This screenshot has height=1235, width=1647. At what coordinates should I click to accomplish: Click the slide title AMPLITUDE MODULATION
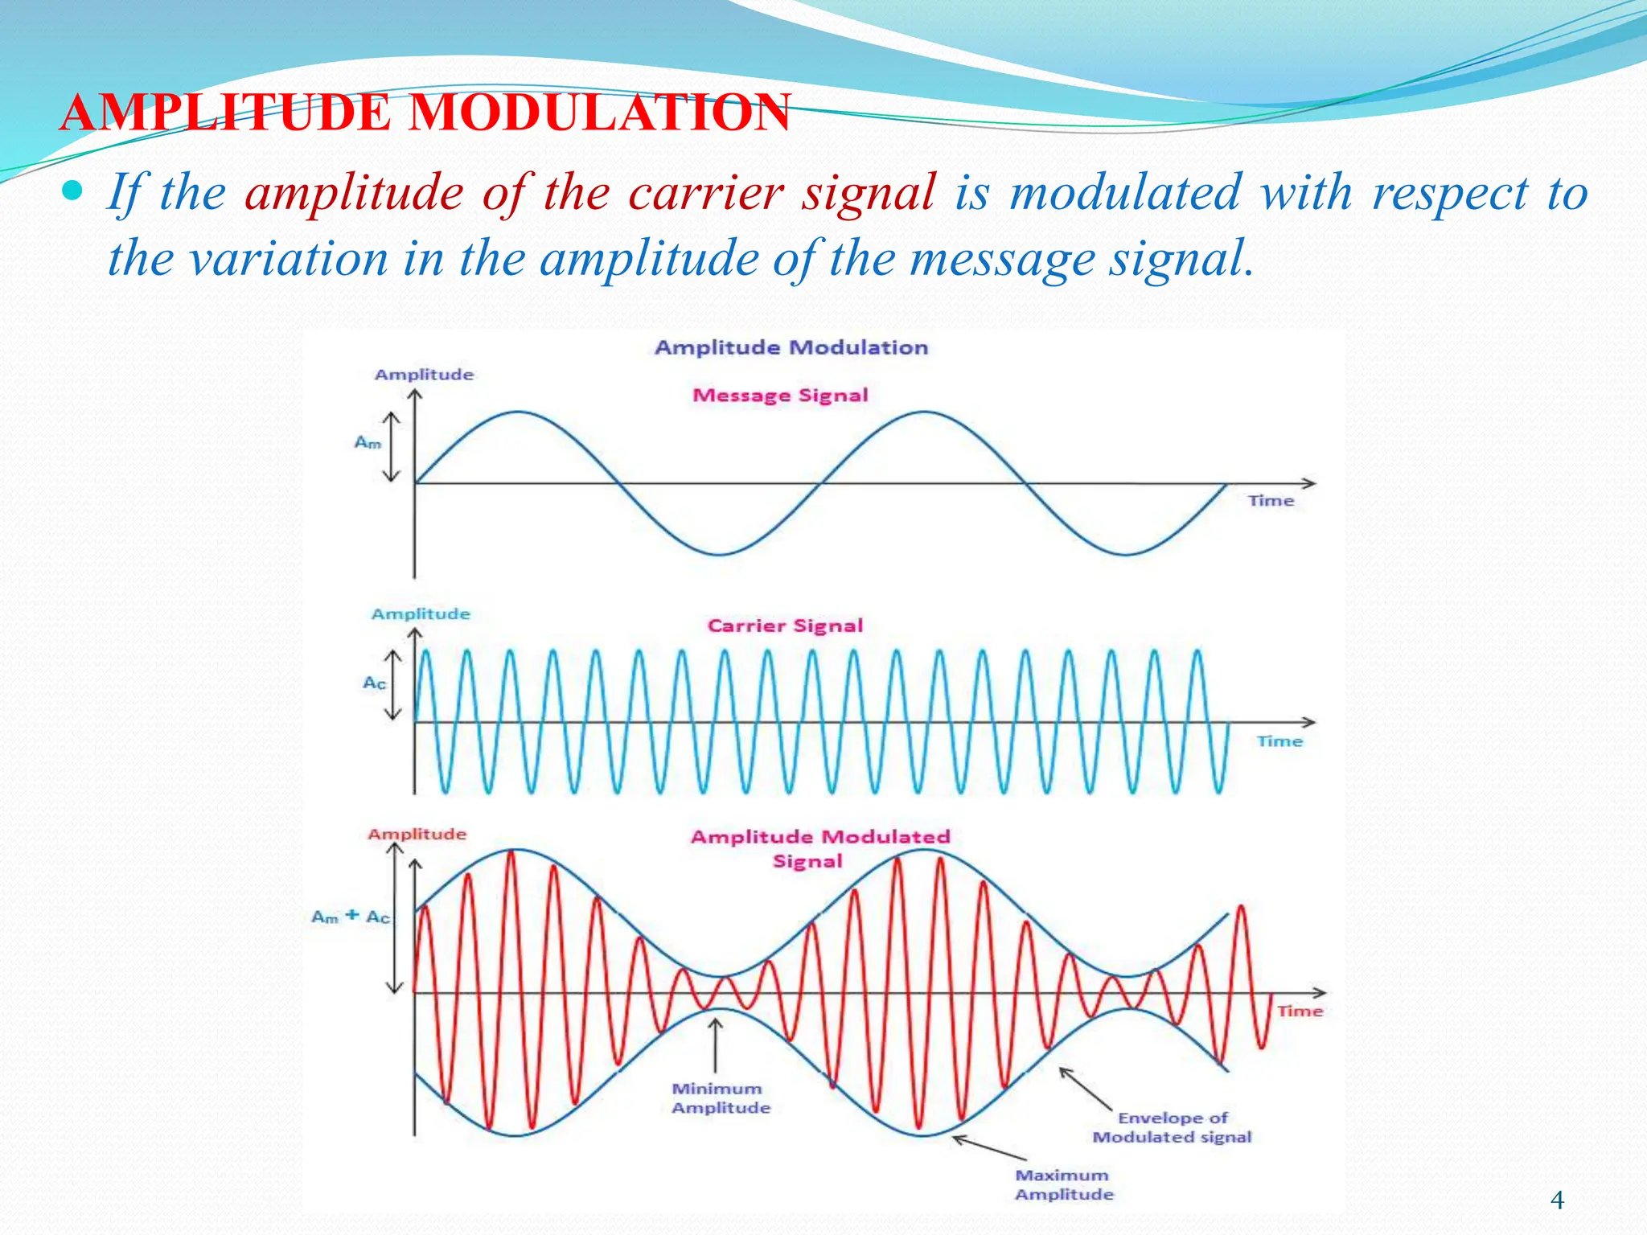(425, 113)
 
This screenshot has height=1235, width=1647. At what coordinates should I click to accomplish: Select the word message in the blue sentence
(1002, 259)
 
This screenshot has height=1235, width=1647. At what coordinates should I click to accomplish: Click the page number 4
(1557, 1200)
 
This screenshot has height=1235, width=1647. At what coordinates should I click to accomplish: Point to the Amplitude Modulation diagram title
(791, 347)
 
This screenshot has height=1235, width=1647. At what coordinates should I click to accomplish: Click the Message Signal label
(780, 395)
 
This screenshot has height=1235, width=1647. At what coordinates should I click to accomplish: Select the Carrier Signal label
(785, 626)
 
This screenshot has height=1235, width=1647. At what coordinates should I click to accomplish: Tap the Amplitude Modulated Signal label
(819, 848)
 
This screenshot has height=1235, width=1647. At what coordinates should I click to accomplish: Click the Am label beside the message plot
(368, 442)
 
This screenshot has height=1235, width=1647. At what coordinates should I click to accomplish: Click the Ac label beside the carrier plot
(374, 683)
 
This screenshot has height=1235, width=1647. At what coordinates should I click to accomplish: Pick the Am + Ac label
(350, 917)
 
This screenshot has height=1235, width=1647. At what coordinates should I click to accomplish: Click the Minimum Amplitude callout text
(720, 1098)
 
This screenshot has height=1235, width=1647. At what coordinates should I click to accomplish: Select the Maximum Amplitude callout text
(1063, 1184)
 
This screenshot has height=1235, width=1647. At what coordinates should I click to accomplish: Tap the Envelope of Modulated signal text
(1172, 1127)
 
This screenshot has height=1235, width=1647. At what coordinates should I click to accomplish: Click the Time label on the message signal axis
(1271, 501)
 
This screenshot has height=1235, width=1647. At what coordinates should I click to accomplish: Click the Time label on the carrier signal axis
(1279, 741)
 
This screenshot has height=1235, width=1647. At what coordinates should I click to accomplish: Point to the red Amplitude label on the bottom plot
(417, 834)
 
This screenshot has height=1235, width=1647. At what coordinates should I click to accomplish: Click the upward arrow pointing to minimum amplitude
(715, 1045)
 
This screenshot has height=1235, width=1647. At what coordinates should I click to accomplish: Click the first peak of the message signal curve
(518, 412)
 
